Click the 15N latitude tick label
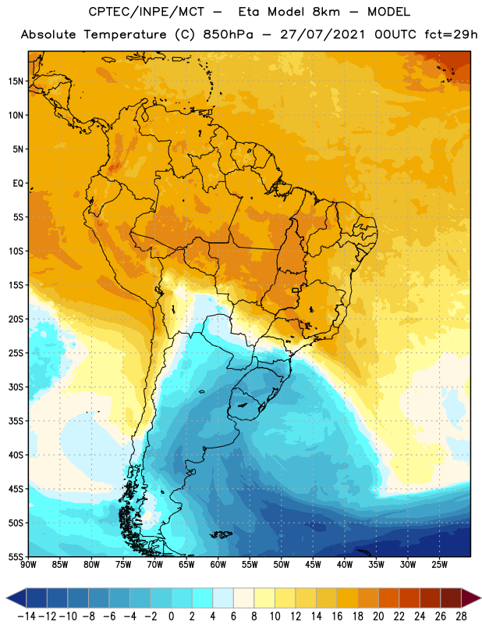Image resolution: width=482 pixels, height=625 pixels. tap(16, 81)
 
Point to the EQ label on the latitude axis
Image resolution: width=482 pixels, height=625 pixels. tap(18, 184)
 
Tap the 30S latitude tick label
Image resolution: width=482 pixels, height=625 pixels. tap(16, 387)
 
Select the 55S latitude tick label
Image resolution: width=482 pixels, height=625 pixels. tap(16, 556)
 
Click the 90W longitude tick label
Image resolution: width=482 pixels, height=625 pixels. tap(28, 565)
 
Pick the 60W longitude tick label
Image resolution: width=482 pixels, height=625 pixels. tap(218, 565)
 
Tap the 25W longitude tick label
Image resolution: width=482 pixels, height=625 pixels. tap(439, 565)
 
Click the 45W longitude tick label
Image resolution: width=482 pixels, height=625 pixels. tap(313, 565)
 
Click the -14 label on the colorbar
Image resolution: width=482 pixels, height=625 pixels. tap(27, 616)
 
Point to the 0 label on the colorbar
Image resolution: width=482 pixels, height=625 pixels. tap(171, 616)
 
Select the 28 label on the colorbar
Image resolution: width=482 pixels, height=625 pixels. tap(461, 616)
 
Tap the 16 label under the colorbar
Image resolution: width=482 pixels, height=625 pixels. tap(337, 616)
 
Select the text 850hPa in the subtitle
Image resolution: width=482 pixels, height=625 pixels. tap(228, 34)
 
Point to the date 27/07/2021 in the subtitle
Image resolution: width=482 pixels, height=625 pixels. tap(322, 34)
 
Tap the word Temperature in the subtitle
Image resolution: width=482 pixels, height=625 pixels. tap(125, 35)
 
